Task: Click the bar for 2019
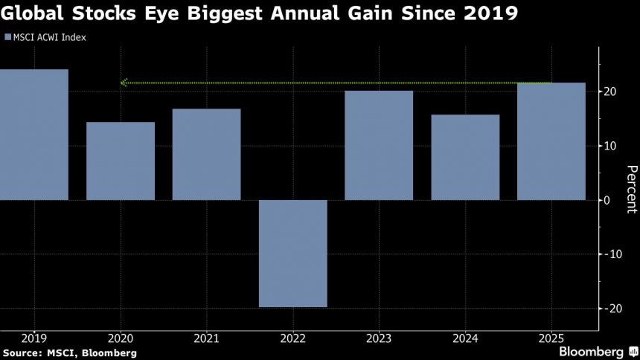tap(33, 135)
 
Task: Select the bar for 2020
tap(120, 161)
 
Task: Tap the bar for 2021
tap(206, 155)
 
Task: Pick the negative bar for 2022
tap(292, 254)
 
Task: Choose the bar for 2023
tap(379, 145)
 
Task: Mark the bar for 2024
tap(465, 157)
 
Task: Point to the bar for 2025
tap(551, 141)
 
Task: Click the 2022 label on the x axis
tap(292, 337)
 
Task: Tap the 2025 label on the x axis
tap(551, 337)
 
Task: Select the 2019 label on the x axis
tap(33, 337)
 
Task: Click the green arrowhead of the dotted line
tap(124, 83)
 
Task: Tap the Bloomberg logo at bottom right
tap(593, 351)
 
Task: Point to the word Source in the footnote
tap(22, 352)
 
